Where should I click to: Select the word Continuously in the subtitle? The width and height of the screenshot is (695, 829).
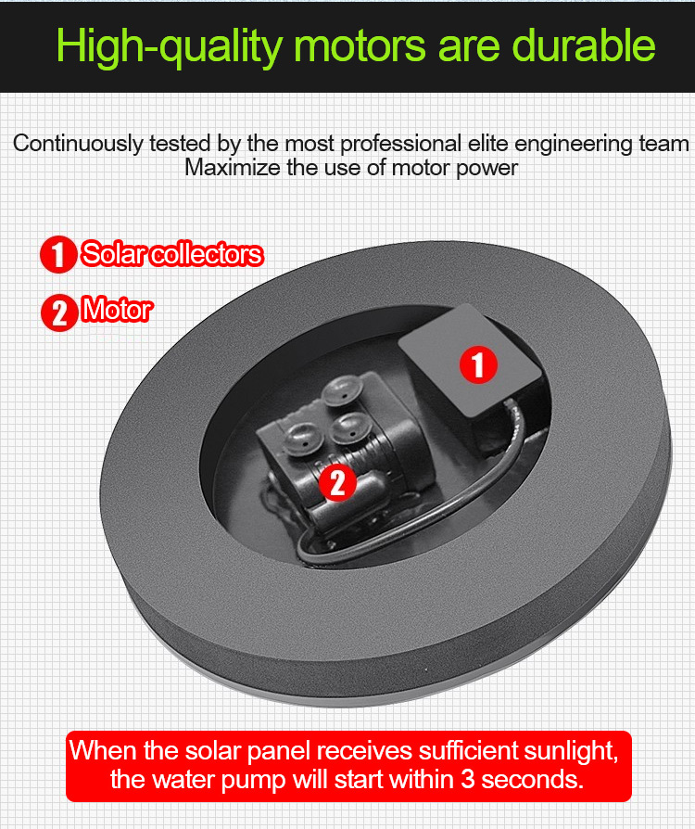78,145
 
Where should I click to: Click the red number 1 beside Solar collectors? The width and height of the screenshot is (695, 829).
58,254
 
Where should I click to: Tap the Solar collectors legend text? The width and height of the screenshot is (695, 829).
171,254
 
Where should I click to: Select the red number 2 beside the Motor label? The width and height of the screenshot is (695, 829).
59,312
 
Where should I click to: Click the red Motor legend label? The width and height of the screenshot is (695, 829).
118,310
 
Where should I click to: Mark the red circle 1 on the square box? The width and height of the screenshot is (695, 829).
478,364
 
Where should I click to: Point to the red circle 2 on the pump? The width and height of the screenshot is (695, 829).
337,482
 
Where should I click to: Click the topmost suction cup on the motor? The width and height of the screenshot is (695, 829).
342,391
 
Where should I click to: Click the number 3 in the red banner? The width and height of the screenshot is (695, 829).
467,779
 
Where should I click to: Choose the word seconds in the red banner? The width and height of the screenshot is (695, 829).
532,779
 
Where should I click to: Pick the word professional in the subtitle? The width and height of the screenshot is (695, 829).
400,145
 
